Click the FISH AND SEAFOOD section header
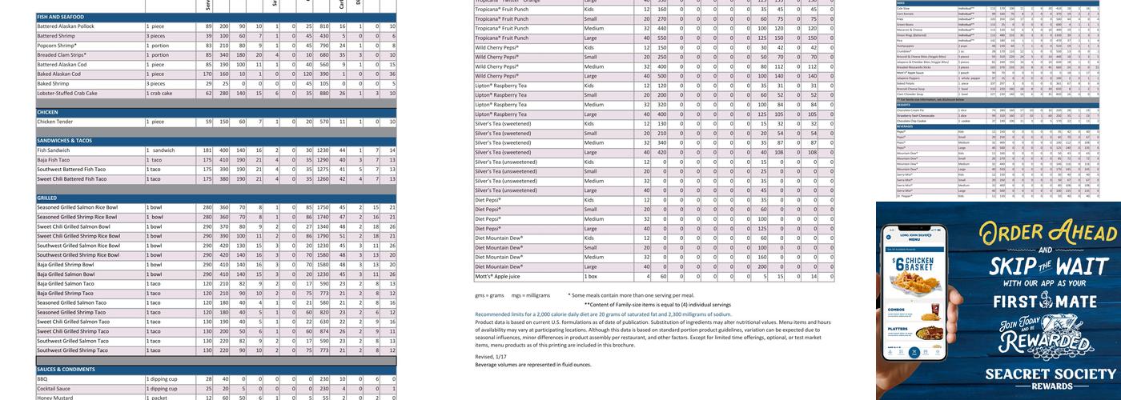pos(60,17)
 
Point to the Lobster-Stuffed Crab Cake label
pos(67,93)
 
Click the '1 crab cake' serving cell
pos(160,93)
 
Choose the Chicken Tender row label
pos(55,122)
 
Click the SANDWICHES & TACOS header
pos(65,141)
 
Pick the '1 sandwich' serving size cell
pos(160,150)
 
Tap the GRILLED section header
pos(47,198)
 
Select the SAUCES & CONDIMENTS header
pos(66,370)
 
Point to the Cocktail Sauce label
pos(55,388)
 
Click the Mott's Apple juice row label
pos(498,276)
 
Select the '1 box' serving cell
pos(592,276)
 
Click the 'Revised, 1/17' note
pos(490,357)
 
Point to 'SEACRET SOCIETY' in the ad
pos(1050,374)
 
